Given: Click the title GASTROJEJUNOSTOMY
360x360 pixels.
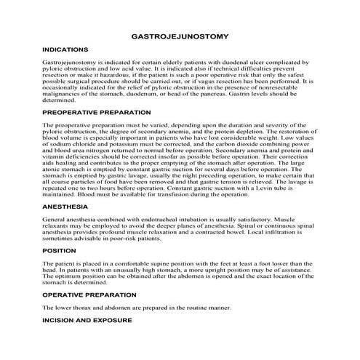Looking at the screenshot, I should [x=180, y=35].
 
